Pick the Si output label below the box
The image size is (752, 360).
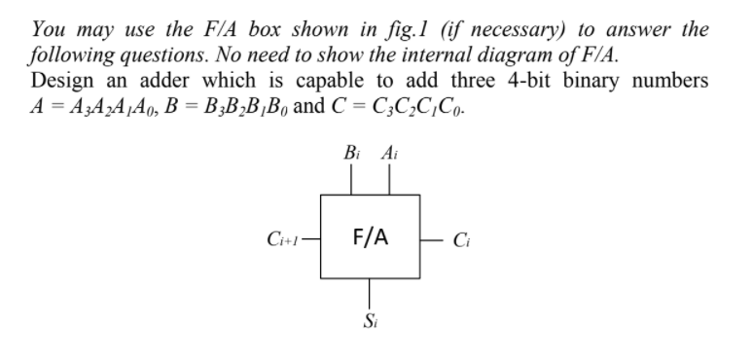point(370,319)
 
